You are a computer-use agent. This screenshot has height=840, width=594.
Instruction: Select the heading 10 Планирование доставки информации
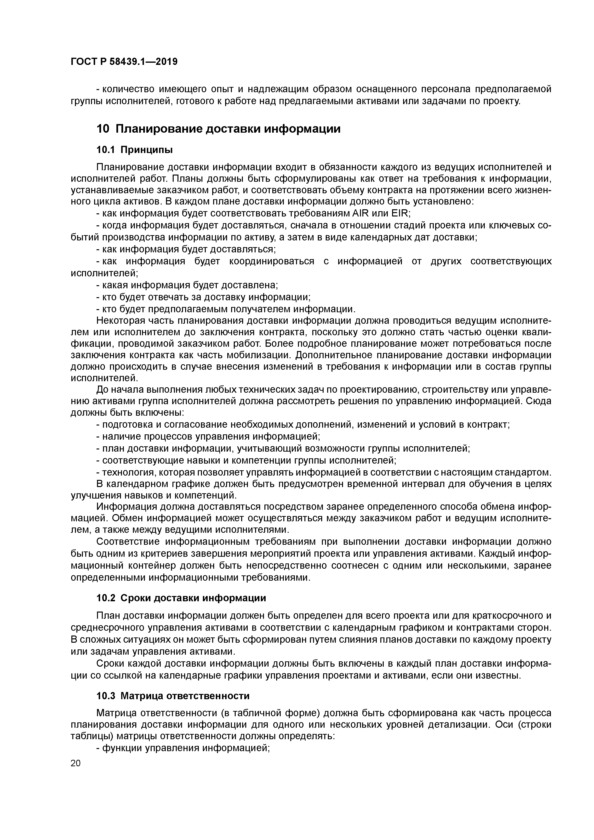pyautogui.click(x=218, y=129)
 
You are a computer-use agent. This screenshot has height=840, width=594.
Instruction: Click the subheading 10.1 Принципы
pyautogui.click(x=134, y=150)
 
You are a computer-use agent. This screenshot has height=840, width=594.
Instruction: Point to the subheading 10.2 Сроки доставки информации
pyautogui.click(x=181, y=598)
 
